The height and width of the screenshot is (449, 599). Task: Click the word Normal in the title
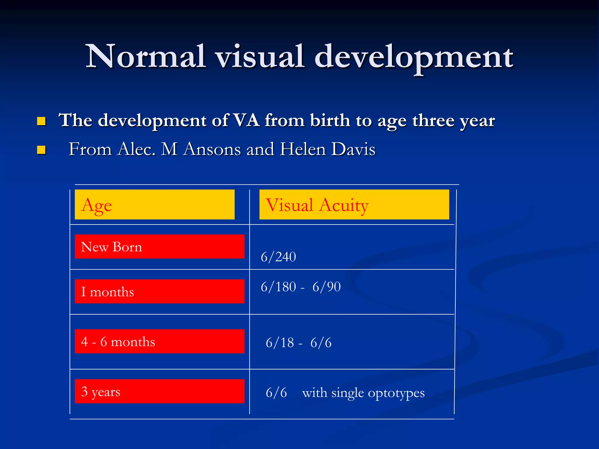[145, 56]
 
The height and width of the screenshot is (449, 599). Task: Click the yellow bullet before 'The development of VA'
[42, 121]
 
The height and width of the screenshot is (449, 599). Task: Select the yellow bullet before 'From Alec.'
[42, 150]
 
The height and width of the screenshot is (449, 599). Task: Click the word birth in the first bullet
[330, 120]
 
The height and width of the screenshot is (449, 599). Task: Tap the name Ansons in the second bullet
[212, 149]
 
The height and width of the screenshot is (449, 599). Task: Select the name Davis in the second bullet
[353, 149]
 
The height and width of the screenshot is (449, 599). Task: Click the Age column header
[97, 205]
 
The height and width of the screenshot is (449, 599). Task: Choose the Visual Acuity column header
[317, 205]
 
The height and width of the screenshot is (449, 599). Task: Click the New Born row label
[111, 247]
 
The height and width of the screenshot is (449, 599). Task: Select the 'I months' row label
[107, 292]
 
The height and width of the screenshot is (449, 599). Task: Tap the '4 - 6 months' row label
[118, 341]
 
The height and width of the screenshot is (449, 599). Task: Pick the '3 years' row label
[101, 391]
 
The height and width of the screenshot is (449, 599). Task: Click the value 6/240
[278, 257]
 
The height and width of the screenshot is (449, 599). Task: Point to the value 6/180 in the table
[278, 287]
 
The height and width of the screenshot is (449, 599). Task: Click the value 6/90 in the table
[326, 287]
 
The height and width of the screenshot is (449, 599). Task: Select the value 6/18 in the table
[280, 343]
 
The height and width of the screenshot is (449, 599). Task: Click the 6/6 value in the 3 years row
[276, 393]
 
